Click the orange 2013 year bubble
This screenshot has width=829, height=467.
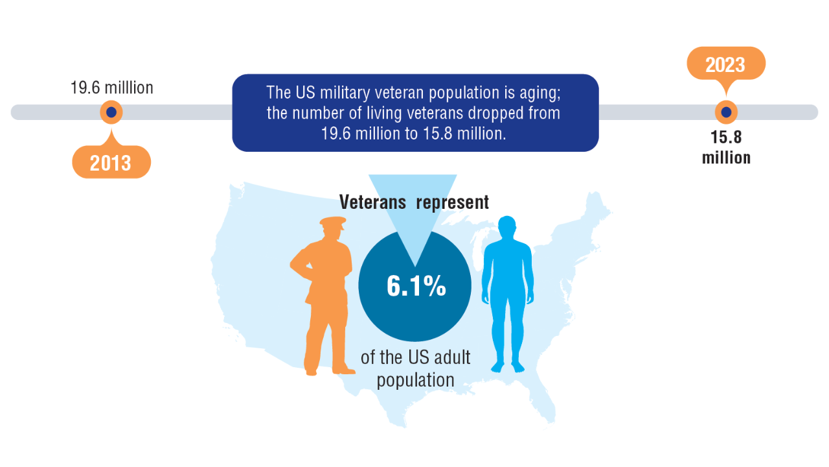click(x=111, y=162)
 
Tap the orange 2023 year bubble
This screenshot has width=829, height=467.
click(x=726, y=64)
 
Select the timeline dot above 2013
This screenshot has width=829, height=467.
click(x=111, y=112)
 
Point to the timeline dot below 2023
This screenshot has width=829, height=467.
click(x=726, y=112)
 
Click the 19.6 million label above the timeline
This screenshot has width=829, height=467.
click(x=112, y=88)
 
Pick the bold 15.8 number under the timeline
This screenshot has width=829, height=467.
click(x=726, y=138)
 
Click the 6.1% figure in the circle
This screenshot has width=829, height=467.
click(x=416, y=286)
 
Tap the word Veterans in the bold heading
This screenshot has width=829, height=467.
click(x=372, y=202)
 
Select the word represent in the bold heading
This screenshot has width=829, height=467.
click(x=452, y=203)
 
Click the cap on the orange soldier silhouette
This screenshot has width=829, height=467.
click(x=333, y=223)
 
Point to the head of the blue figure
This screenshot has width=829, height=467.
click(x=506, y=227)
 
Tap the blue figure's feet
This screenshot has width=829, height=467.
click(x=508, y=367)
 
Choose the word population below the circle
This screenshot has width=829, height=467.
click(x=416, y=381)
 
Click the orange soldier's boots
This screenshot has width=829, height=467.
click(x=329, y=370)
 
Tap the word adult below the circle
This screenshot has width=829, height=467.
click(x=452, y=357)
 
